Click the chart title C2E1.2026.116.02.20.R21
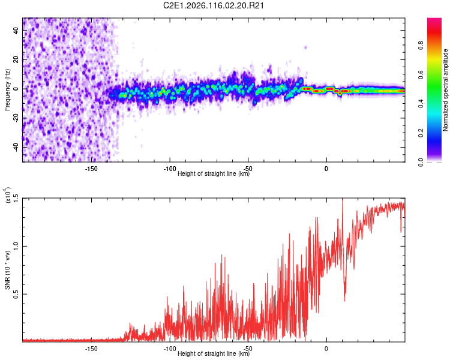coord(214,6)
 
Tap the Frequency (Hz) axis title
coord(7,89)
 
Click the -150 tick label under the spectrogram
coord(91,169)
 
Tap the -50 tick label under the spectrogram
coord(248,169)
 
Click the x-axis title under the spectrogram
coord(214,174)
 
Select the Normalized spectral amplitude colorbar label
coord(446,90)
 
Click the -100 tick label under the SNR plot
coord(169,349)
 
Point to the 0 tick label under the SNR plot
coord(326,349)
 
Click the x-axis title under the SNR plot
coord(214,354)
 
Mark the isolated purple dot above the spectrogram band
coord(305,47)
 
